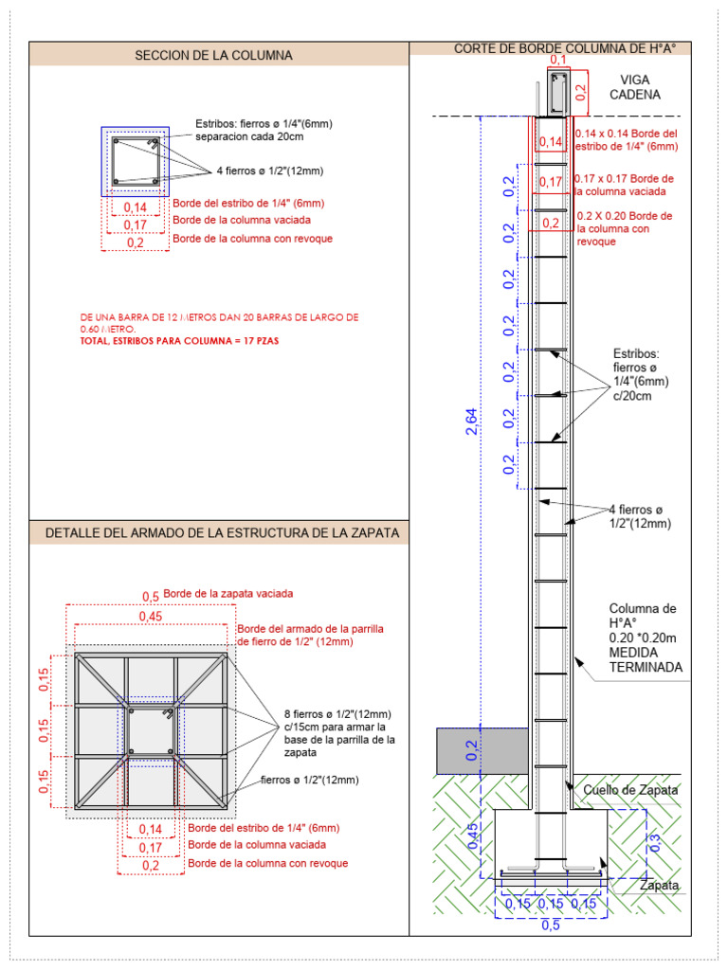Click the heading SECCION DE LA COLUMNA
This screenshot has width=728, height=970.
point(213,55)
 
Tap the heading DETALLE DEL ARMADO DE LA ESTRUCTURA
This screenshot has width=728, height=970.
point(222,534)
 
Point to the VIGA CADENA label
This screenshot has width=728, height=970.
point(634,87)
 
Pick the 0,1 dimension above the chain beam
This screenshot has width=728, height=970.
point(558,61)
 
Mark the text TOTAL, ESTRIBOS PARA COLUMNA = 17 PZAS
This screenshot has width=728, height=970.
point(180,339)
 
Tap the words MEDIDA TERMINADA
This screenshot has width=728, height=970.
point(646,660)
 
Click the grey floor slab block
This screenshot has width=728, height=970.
point(482,750)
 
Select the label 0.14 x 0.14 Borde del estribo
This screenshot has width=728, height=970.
point(626,140)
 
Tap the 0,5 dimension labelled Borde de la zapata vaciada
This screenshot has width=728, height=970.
point(151,595)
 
